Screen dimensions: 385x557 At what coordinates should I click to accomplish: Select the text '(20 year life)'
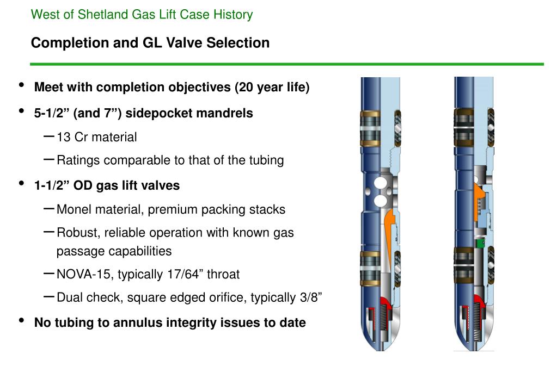click(272, 88)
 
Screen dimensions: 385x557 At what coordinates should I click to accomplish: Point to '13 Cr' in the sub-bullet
click(72, 137)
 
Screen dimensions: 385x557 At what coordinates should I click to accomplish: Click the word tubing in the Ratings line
click(266, 160)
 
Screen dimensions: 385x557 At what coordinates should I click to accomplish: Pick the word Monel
click(72, 209)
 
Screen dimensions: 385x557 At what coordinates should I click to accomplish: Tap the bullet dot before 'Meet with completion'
click(21, 85)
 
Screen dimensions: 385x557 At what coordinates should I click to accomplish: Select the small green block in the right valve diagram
click(480, 244)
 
